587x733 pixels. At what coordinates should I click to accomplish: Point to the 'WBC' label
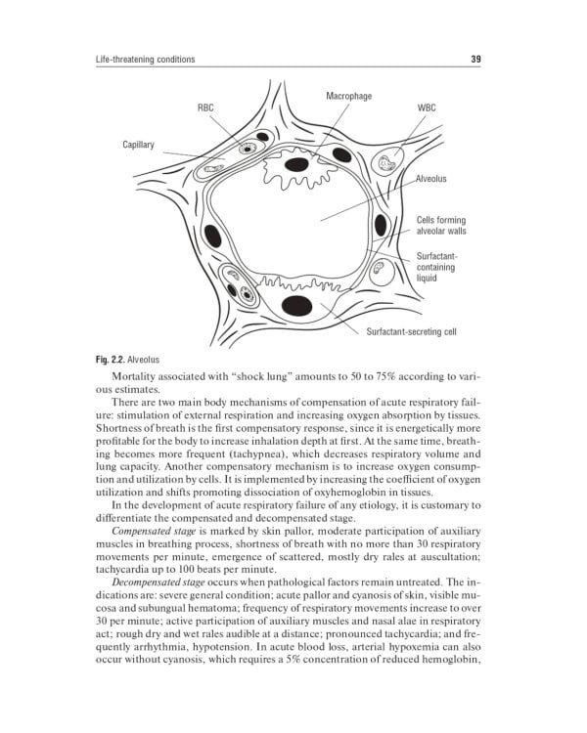[x=427, y=105]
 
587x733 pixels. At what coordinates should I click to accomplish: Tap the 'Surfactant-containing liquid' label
[x=438, y=267]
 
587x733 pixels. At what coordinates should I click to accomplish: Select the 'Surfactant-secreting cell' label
[x=411, y=331]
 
